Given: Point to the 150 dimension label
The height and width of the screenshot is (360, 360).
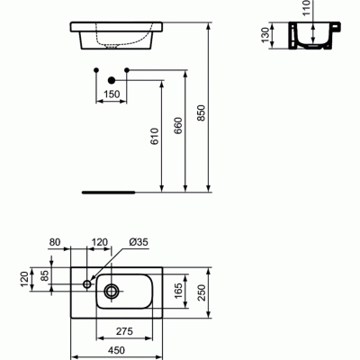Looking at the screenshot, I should tap(111, 94).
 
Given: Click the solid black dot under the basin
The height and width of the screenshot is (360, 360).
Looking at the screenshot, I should tap(112, 78).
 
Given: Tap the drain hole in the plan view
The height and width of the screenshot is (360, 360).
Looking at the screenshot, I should tap(112, 290).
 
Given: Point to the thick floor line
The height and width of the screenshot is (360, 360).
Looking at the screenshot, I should tap(109, 192).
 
